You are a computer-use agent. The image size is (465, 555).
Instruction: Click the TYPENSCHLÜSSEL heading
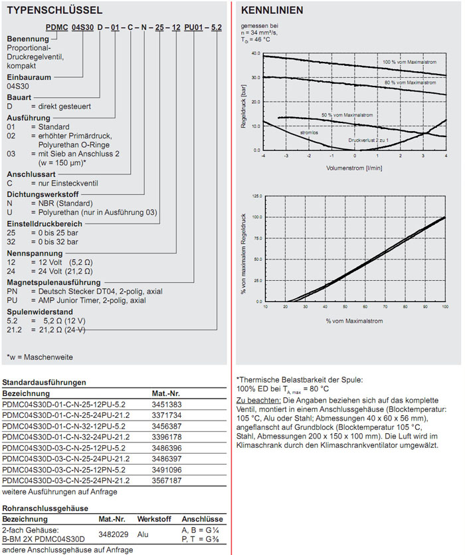click(x=54, y=10)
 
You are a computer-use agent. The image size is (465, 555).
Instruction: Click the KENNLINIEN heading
click(x=272, y=10)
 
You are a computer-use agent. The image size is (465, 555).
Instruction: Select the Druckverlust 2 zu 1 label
click(x=369, y=140)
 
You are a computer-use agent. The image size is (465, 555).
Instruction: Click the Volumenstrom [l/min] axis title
click(x=354, y=168)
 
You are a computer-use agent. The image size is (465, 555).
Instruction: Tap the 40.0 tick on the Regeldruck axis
click(x=256, y=53)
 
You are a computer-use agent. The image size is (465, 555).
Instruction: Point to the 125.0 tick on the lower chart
click(x=256, y=196)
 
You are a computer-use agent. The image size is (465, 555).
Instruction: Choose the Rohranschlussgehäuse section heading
click(x=46, y=508)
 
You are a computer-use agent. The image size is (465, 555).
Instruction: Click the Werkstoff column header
click(x=153, y=518)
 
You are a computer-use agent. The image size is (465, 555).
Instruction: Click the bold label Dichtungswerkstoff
click(x=43, y=194)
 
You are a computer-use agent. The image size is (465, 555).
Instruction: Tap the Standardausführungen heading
click(x=45, y=383)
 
